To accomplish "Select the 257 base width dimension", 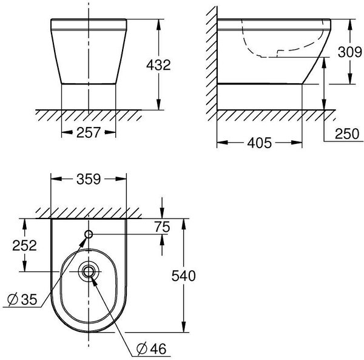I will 89,134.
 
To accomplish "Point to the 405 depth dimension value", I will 259,144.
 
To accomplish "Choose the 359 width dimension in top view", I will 89,180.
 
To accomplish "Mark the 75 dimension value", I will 161,226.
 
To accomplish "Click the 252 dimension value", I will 25,246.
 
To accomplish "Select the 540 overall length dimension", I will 183,277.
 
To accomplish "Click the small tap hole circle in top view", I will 89,235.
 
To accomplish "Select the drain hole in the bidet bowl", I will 89,271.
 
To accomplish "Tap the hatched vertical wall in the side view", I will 210,61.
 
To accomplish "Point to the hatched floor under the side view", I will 273,114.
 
